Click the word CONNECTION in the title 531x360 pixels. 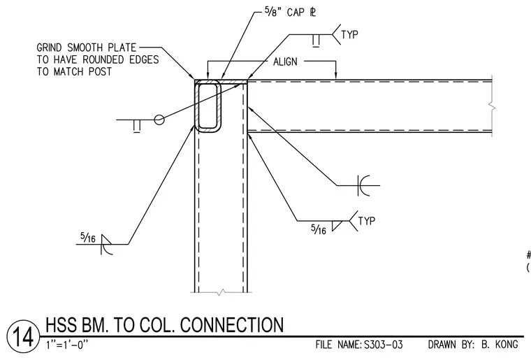pyautogui.click(x=232, y=325)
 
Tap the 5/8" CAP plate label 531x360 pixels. pyautogui.click(x=290, y=13)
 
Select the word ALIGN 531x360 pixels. pyautogui.click(x=285, y=62)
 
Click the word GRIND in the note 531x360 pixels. pyautogui.click(x=50, y=48)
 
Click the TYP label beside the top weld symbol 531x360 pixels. pyautogui.click(x=349, y=34)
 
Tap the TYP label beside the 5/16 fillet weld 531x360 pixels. pyautogui.click(x=367, y=221)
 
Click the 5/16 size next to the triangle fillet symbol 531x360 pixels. pyautogui.click(x=319, y=229)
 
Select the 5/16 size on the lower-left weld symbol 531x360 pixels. pyautogui.click(x=88, y=238)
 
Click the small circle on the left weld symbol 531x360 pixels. pyautogui.click(x=159, y=120)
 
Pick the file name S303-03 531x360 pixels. pyautogui.click(x=384, y=345)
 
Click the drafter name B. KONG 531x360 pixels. pyautogui.click(x=500, y=345)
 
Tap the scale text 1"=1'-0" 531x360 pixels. pyautogui.click(x=66, y=345)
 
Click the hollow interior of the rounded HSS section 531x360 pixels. pyautogui.click(x=208, y=106)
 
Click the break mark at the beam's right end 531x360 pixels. pyautogui.click(x=492, y=108)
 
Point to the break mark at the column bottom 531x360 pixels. pyautogui.click(x=221, y=292)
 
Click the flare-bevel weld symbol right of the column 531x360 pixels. pyautogui.click(x=363, y=185)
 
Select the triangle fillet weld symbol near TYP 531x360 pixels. pyautogui.click(x=337, y=226)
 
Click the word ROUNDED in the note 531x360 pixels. pyautogui.click(x=103, y=59)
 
